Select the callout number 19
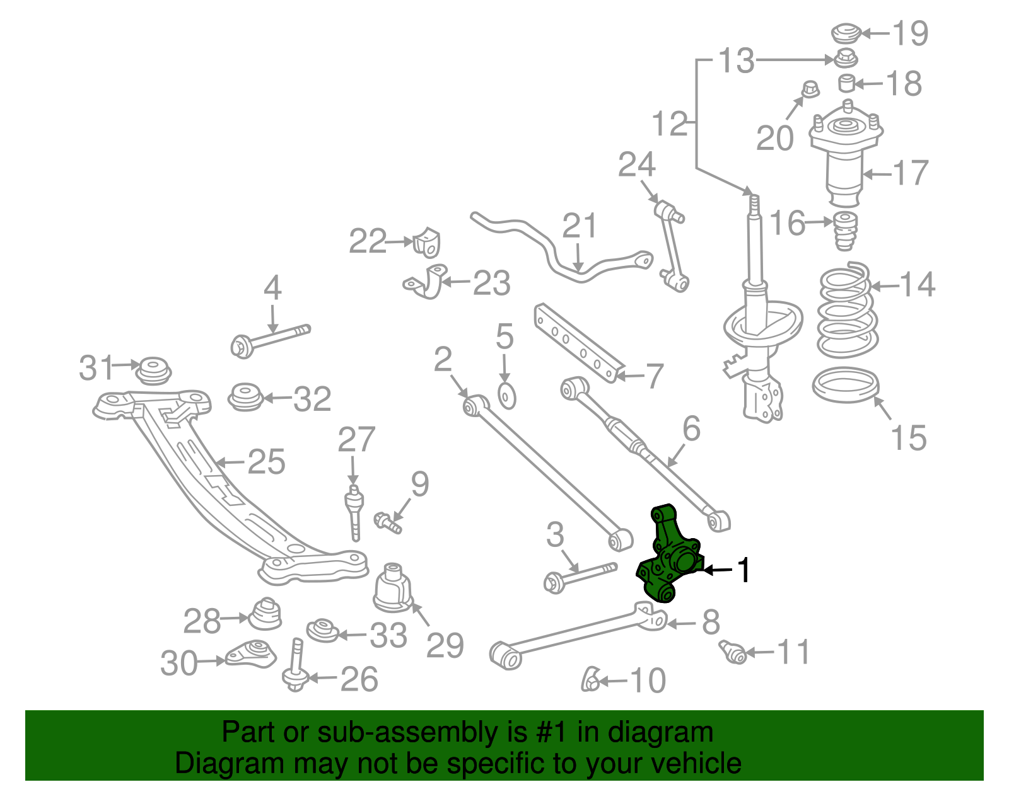point(911,33)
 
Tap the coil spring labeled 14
point(847,310)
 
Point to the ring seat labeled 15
point(846,385)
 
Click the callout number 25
point(266,462)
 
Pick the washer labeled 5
point(506,396)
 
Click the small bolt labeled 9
point(387,523)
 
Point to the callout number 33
point(388,635)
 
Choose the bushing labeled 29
point(393,588)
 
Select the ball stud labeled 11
point(732,651)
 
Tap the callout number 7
point(655,376)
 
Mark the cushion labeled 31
point(153,370)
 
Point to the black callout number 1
point(744,570)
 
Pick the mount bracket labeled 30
point(251,653)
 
